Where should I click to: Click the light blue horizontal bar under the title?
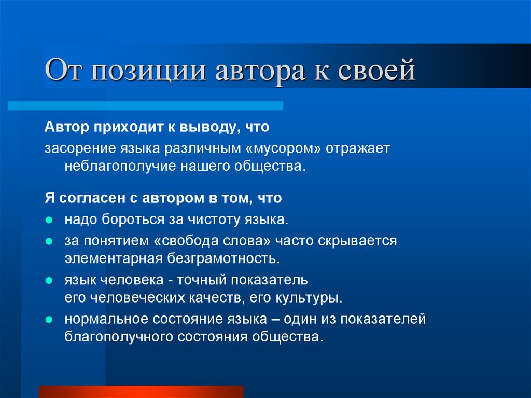[x=146, y=105]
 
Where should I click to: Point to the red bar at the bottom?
[x=141, y=391]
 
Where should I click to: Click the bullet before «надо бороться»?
[x=48, y=220]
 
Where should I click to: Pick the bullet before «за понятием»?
[x=48, y=242]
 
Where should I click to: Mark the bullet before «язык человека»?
[x=48, y=280]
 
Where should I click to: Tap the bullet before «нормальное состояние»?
[x=48, y=319]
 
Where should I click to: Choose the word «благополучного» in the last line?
[x=119, y=336]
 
